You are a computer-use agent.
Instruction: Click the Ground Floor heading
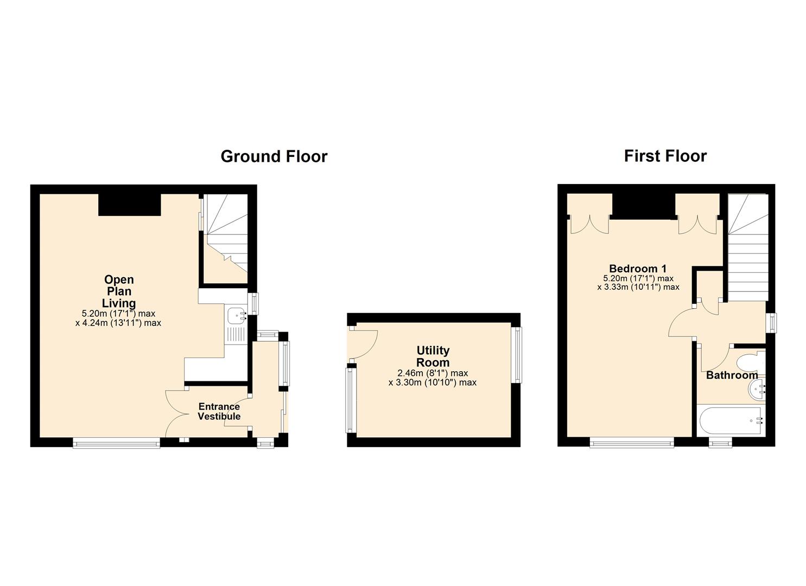coord(274,156)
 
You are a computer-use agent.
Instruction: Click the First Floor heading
coord(665,156)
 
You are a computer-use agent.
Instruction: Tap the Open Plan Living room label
coord(119,291)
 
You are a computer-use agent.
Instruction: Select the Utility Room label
coord(433,356)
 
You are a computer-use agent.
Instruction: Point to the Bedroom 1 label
coord(638,269)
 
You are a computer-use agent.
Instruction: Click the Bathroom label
coord(732,375)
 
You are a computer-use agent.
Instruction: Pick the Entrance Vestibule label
coord(219,411)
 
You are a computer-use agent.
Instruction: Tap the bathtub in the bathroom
coord(730,421)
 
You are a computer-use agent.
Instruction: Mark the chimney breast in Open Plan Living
coord(130,205)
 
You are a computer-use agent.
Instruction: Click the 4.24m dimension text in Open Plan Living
coord(118,323)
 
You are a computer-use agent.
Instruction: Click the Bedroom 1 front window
coord(632,443)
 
